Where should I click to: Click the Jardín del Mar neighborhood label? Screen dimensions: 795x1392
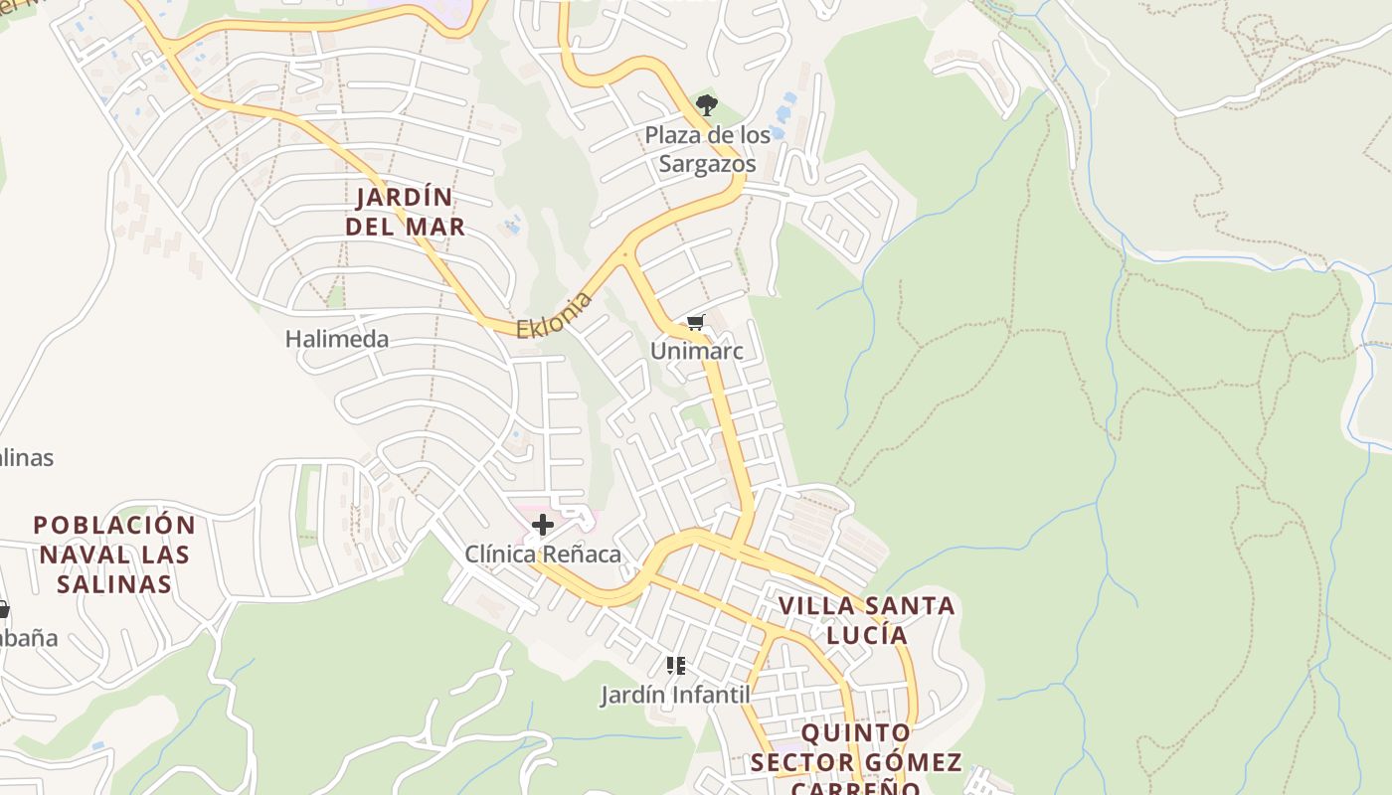click(405, 212)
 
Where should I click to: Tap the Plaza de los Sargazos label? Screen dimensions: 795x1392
click(707, 149)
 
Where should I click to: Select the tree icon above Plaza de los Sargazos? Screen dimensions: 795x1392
click(706, 104)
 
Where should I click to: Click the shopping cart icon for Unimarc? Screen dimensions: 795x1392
click(696, 323)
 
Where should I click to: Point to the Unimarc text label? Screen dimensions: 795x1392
click(696, 351)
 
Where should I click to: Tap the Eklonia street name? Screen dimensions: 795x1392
click(554, 314)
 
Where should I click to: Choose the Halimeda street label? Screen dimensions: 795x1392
click(337, 339)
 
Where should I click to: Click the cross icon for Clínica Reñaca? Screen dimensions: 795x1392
click(543, 525)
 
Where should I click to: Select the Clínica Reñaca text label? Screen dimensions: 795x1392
click(543, 554)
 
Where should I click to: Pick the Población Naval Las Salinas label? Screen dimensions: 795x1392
click(114, 554)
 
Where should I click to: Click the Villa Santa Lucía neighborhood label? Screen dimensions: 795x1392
click(866, 619)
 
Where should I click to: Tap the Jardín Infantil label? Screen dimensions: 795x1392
click(675, 694)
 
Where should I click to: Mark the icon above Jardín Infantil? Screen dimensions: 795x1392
click(676, 666)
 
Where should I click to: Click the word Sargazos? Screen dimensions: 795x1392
click(707, 164)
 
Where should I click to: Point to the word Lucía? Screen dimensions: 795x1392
click(866, 634)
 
